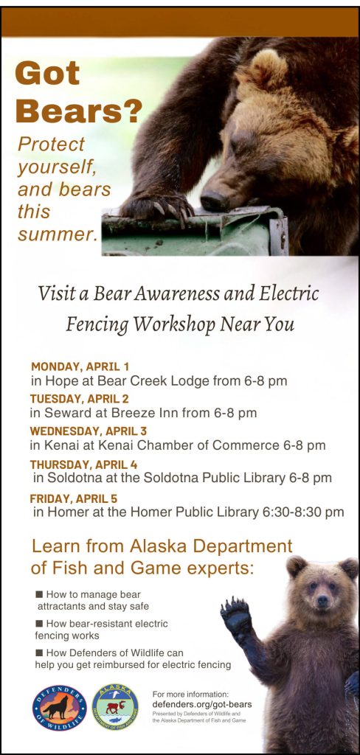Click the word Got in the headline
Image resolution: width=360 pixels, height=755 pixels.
47,75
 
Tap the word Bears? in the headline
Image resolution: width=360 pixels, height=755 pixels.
78,111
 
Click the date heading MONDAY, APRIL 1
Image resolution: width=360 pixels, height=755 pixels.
80,366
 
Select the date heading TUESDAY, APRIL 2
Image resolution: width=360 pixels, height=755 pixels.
80,399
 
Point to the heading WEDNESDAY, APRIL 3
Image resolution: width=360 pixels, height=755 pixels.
89,431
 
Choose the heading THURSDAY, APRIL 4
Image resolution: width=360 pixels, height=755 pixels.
83,464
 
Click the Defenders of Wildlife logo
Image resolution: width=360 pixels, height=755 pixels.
60,709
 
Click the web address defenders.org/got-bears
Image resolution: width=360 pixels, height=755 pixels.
201,704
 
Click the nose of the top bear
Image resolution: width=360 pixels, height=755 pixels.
213,200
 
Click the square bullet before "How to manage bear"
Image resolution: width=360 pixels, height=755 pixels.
39,594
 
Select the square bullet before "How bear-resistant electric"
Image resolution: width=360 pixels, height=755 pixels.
39,624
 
